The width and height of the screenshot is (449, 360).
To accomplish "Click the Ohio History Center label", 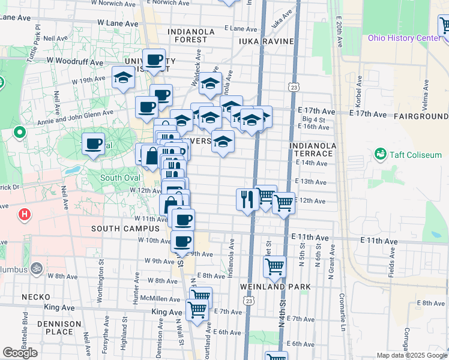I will pos(404,38).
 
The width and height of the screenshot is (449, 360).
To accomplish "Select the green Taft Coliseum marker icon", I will pos(380,155).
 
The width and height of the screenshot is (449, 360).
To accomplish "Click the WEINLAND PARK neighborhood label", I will pos(276,287).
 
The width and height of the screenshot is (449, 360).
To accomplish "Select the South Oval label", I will pos(120,178).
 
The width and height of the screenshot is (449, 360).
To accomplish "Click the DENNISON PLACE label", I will pos(59,328).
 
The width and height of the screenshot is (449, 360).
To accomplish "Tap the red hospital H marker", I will pos(25,214).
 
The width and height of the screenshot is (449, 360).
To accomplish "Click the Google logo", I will pos(20,353).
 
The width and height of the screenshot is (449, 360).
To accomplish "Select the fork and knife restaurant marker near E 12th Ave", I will pos(248,199).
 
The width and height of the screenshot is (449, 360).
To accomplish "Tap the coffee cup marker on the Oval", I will pos(93,144).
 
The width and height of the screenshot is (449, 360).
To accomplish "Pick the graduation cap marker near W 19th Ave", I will pos(124,78).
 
